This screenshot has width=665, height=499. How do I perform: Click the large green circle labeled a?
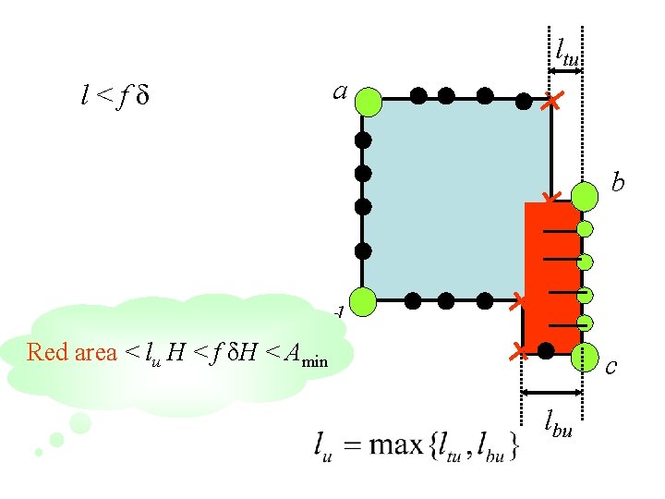point(367,101)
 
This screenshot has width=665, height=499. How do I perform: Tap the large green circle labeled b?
point(584,196)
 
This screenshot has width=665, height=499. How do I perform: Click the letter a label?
point(340,91)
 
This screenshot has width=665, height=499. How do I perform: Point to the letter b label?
point(618,183)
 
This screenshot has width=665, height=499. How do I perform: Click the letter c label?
point(611,368)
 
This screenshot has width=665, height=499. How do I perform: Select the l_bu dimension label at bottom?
point(557,428)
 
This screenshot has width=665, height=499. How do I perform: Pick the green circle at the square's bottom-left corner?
point(364,300)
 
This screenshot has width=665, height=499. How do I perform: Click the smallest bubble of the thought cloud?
point(39,452)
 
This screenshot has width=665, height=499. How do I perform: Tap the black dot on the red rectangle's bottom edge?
point(547,349)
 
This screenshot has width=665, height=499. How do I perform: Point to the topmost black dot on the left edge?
point(363,140)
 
